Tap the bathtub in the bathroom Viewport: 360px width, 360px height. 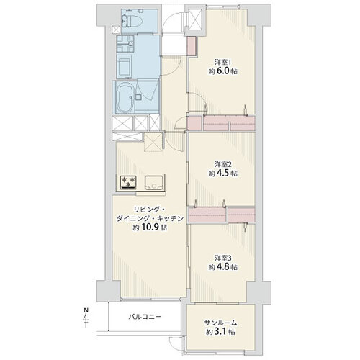point(125,98)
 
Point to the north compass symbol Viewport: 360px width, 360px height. point(86,318)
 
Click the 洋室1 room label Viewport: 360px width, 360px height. point(223,63)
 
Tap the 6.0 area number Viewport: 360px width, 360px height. point(225,71)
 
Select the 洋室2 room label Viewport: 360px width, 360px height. point(223,164)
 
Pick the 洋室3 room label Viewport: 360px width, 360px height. point(223,258)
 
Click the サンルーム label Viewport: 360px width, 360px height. point(220,323)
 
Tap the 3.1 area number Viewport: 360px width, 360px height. point(221,332)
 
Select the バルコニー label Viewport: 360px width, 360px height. point(145,317)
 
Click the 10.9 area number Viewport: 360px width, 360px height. point(151,228)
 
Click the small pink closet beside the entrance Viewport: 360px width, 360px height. point(192,45)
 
